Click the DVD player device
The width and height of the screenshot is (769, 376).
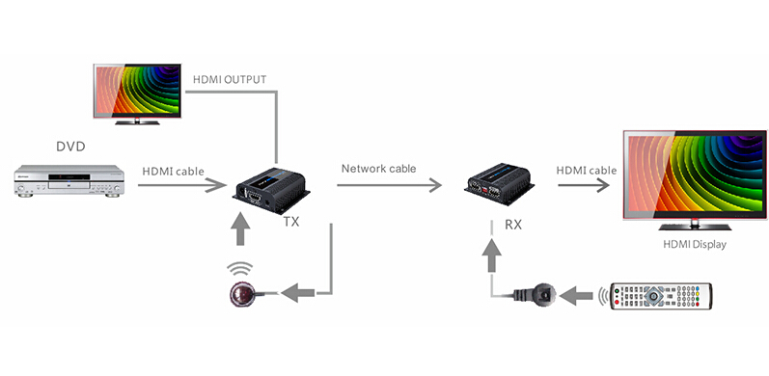(x=69, y=181)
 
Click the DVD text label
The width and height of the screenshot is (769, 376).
(x=70, y=147)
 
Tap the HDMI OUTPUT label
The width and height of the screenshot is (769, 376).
(x=230, y=79)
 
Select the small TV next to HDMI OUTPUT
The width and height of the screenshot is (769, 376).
(x=137, y=94)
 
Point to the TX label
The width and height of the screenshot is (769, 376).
(x=291, y=222)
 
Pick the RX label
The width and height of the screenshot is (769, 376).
(x=513, y=225)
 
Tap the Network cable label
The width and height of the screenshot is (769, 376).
(x=378, y=169)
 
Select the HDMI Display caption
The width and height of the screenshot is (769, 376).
(x=695, y=244)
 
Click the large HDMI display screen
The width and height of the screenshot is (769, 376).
(x=695, y=175)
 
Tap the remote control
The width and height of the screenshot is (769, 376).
(x=661, y=296)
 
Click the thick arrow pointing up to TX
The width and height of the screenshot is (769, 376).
(x=240, y=228)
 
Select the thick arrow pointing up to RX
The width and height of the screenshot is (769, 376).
(x=491, y=255)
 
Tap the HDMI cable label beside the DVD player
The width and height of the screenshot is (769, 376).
(x=173, y=171)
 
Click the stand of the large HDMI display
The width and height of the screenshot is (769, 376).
(x=695, y=225)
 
